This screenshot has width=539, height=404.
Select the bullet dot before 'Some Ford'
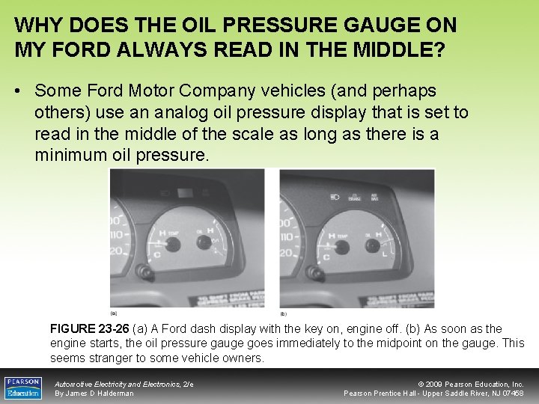point(19,91)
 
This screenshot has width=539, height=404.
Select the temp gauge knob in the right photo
point(342,248)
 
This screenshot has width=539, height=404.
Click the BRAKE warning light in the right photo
point(355,198)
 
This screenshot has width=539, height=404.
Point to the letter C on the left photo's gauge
point(156,255)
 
